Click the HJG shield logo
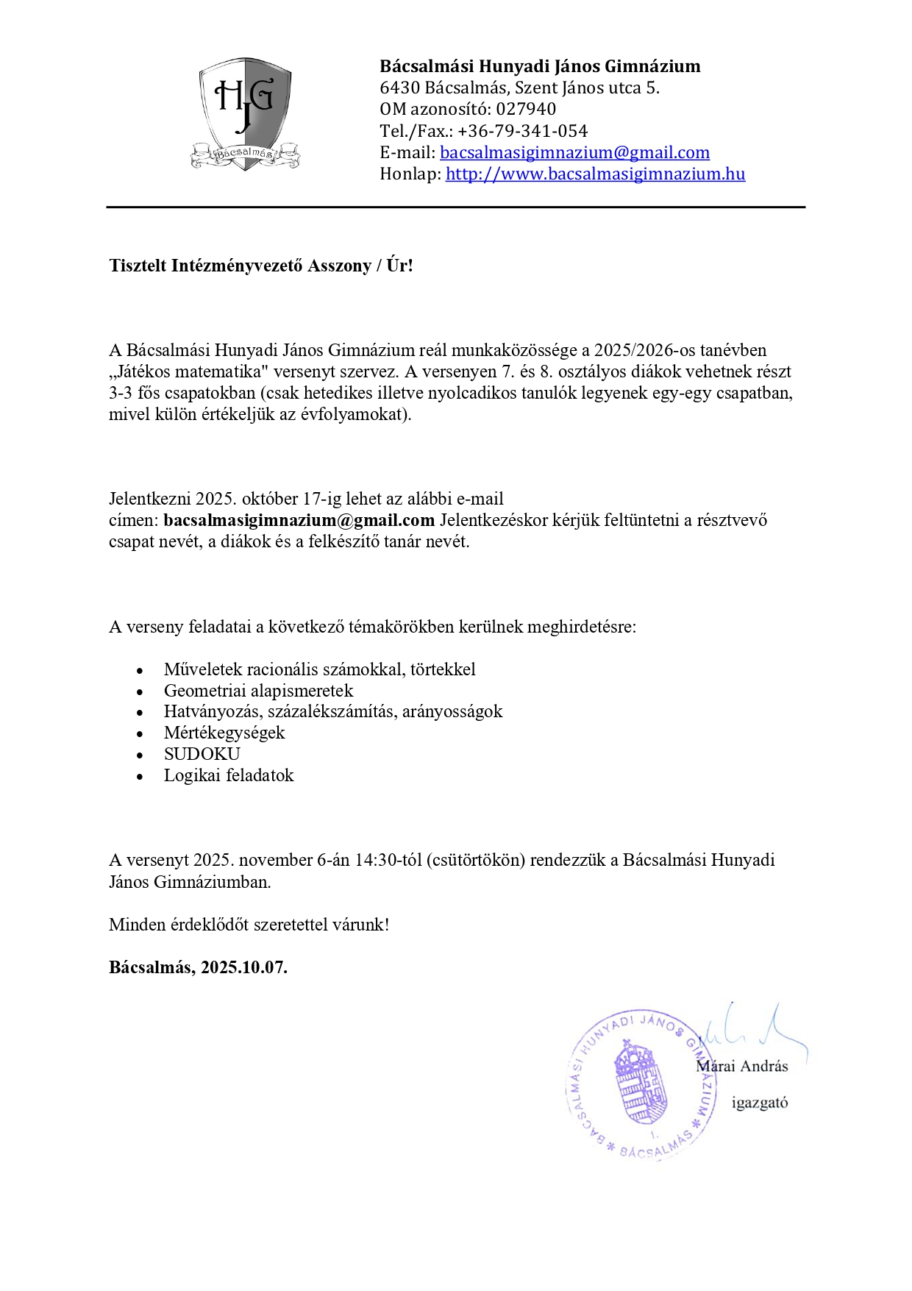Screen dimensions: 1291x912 point(245,114)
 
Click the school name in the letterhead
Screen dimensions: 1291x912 point(540,66)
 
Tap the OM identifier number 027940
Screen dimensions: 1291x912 point(526,109)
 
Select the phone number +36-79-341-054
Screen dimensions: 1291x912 point(522,131)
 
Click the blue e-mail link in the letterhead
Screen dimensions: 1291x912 point(574,152)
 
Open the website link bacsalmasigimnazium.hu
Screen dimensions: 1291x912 point(595,174)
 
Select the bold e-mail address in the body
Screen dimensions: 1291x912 point(299,520)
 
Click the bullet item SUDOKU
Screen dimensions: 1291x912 point(202,754)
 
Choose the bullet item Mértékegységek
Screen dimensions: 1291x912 point(224,733)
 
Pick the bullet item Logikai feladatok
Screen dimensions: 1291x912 point(229,775)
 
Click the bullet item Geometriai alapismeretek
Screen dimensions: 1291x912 point(258,691)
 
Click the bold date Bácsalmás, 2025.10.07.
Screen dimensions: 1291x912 point(198,967)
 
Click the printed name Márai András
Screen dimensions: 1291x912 point(742,1066)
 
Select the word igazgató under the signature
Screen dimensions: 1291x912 point(760,1102)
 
